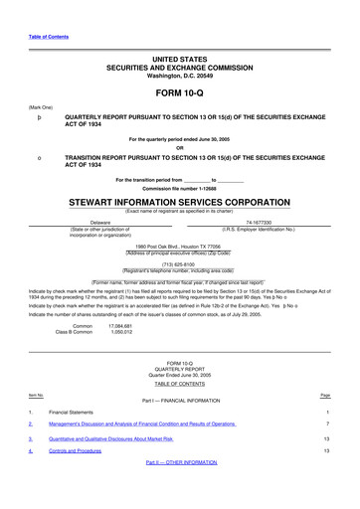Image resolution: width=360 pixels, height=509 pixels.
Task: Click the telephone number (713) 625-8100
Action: click(180, 263)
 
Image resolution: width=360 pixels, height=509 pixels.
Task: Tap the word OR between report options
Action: click(180, 149)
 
